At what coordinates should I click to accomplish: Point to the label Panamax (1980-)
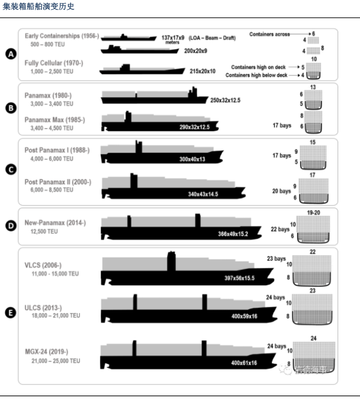[48, 95]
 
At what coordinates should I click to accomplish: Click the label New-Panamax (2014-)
[55, 223]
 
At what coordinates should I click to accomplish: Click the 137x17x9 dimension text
[173, 37]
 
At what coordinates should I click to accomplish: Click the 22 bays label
[279, 229]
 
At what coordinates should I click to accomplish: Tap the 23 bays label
[277, 258]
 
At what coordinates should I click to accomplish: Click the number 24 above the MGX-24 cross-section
[313, 338]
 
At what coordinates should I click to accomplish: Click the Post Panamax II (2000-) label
[57, 182]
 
